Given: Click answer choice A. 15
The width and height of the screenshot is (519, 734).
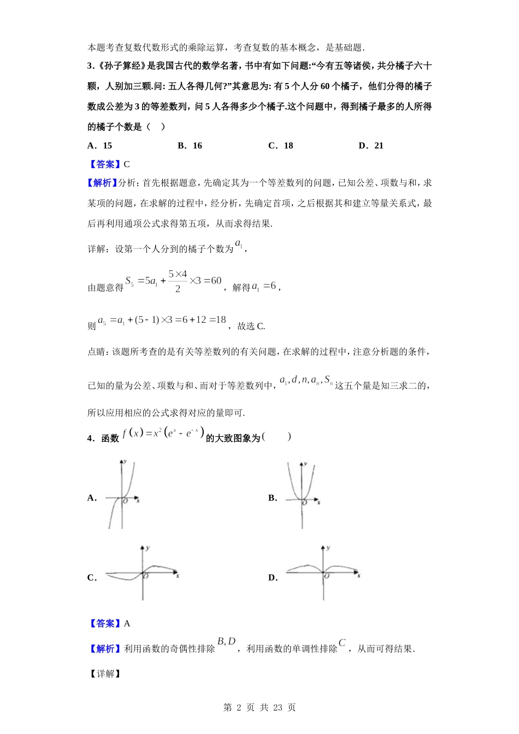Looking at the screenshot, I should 99,145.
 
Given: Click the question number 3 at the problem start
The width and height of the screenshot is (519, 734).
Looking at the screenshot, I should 90,66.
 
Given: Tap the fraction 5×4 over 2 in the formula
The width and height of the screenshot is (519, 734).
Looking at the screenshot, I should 178,281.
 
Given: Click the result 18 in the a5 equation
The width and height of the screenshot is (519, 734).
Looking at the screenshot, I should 220,320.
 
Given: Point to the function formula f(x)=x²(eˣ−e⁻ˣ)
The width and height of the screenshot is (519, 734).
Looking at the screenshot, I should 163,434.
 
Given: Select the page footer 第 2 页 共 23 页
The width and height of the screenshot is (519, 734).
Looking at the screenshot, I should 259,707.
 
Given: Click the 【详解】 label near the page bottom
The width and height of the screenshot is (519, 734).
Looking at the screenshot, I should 104,673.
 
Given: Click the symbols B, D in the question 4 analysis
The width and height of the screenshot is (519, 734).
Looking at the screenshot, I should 226,642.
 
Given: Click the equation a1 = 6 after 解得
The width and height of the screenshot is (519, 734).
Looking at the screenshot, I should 264,286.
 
